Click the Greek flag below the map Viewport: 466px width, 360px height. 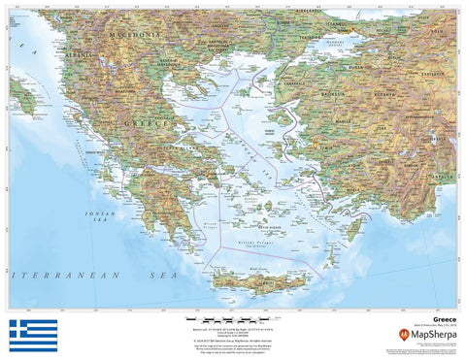point(33,335)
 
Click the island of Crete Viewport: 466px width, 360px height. point(257,283)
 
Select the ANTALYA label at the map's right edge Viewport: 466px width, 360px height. point(446,177)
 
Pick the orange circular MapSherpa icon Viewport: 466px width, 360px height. point(403,335)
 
